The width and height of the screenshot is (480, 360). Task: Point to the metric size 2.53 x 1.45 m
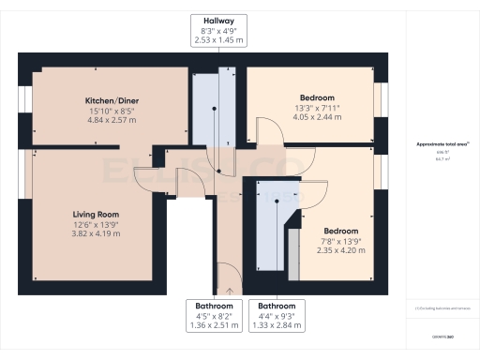coord(218,40)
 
